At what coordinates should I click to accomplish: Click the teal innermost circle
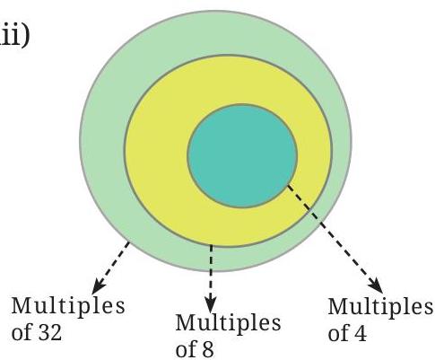click(x=242, y=155)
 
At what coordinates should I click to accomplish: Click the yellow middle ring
click(x=155, y=150)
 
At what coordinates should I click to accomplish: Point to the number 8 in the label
click(x=206, y=348)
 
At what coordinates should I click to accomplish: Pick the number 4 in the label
click(x=360, y=333)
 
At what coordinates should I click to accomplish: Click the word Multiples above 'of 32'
click(x=68, y=306)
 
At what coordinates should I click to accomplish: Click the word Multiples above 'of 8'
click(x=228, y=323)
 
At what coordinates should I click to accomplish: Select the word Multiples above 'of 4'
click(x=380, y=307)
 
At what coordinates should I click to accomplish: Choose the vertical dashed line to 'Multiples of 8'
click(x=211, y=276)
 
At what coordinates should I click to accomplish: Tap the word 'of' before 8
click(x=186, y=348)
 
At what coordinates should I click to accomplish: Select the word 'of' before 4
click(x=338, y=333)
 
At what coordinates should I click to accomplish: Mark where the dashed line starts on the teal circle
click(x=287, y=185)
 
